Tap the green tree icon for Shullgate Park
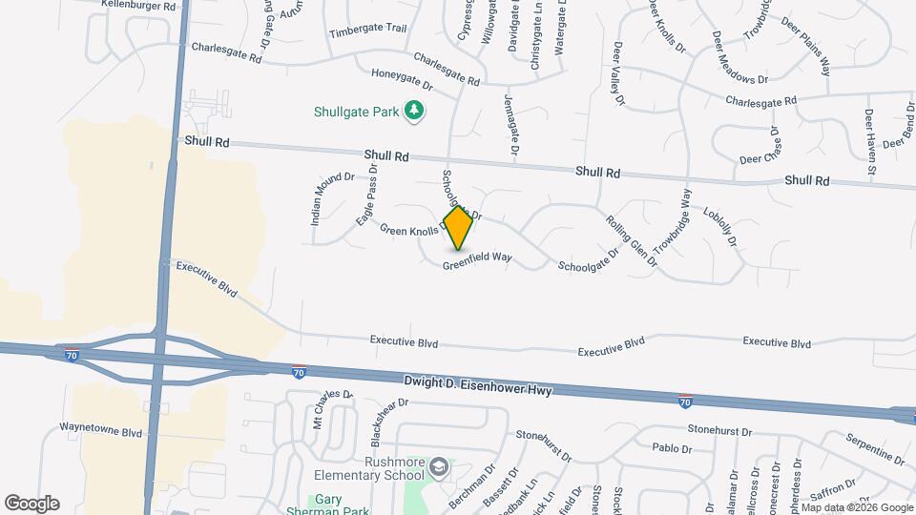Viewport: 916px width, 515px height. click(x=414, y=112)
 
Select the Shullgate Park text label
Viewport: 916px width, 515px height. click(x=356, y=112)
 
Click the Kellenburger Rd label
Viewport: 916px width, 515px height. click(x=139, y=6)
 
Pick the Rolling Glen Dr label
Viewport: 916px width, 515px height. click(x=632, y=237)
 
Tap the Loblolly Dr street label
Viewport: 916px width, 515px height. click(x=720, y=227)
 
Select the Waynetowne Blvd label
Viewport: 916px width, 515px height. click(x=100, y=431)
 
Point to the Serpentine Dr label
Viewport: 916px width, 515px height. click(x=874, y=448)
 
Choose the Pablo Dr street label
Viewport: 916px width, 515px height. click(x=671, y=447)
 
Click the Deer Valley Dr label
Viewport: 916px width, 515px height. click(x=618, y=72)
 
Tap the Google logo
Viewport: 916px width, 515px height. click(x=31, y=504)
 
